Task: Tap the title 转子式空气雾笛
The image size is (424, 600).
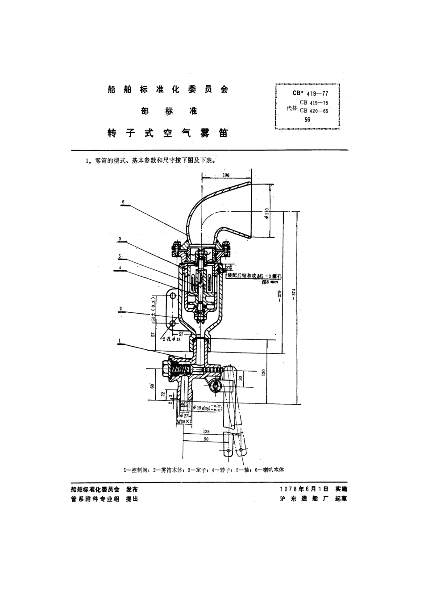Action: pyautogui.click(x=168, y=133)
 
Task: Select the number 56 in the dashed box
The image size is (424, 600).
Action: pyautogui.click(x=307, y=120)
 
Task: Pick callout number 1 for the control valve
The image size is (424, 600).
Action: pyautogui.click(x=120, y=340)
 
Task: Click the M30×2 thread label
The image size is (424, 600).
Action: pyautogui.click(x=184, y=421)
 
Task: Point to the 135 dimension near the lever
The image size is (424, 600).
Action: pyautogui.click(x=206, y=432)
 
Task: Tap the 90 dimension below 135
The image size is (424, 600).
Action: pyautogui.click(x=206, y=440)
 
